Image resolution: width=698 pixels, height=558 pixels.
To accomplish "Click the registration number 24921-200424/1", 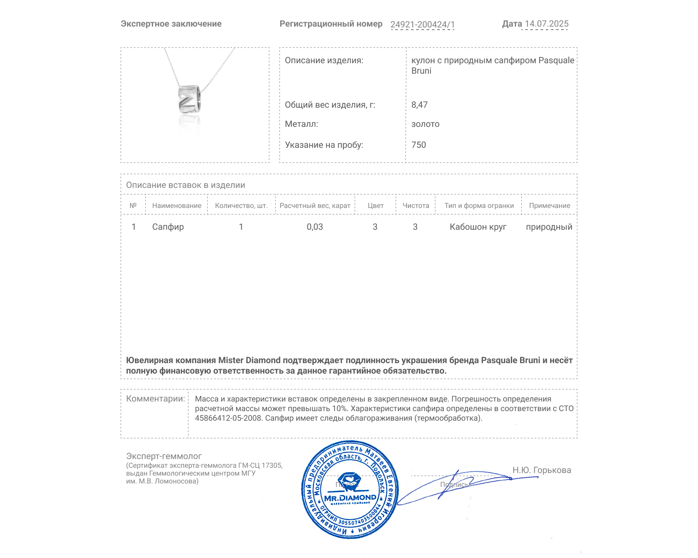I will click(422, 24).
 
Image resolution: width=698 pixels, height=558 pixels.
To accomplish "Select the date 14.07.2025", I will click(547, 24).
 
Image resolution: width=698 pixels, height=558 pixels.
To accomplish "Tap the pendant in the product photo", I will click(189, 99).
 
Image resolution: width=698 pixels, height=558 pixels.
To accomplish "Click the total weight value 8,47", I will click(419, 105).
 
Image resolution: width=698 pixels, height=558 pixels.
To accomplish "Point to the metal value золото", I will click(425, 124).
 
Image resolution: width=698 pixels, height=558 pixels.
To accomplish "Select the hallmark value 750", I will click(418, 145).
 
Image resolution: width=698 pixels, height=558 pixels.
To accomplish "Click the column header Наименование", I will click(177, 206).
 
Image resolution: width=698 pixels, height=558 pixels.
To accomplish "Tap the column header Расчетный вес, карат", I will click(315, 206).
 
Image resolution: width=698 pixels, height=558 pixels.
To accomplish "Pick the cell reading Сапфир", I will click(168, 227).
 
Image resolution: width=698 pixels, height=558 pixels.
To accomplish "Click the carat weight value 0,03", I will click(315, 227).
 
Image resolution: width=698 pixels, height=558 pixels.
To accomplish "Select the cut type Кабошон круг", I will click(478, 227).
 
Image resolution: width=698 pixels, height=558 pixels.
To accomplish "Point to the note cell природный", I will click(549, 227).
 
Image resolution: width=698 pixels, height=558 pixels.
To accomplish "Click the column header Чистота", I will click(416, 206).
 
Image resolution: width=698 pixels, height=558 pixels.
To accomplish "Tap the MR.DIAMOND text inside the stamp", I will click(350, 498).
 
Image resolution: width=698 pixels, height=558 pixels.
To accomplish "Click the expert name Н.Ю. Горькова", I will click(541, 470).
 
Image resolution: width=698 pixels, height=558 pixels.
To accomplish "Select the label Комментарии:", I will click(155, 398).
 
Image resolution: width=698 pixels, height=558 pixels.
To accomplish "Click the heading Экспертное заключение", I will click(171, 24).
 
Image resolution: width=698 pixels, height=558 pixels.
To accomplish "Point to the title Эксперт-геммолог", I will click(164, 456).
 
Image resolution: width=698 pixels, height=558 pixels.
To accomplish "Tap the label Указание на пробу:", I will click(324, 145).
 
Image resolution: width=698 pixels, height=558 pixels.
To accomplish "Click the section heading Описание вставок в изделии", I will click(185, 185).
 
